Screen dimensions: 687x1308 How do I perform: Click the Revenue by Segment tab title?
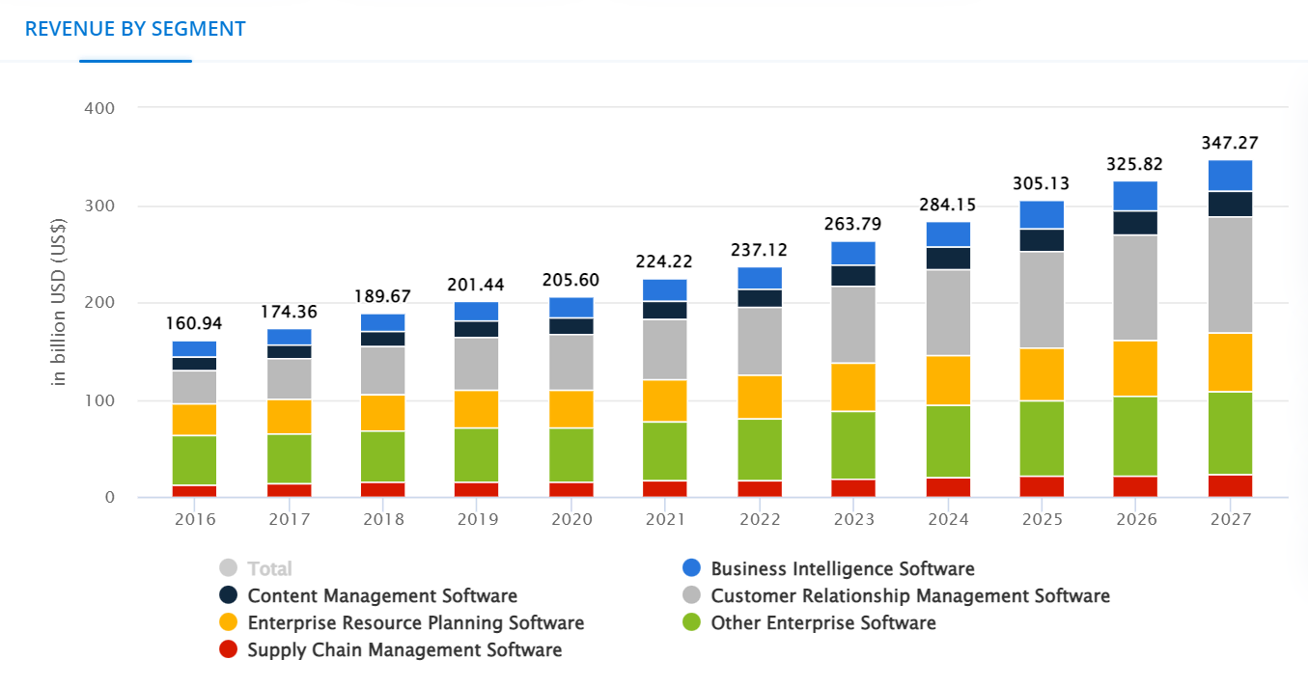[x=135, y=29]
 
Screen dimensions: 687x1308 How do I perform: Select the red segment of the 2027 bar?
[x=1229, y=485]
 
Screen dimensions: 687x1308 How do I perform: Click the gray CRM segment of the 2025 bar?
[x=1043, y=299]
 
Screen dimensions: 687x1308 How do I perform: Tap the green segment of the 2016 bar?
[x=195, y=460]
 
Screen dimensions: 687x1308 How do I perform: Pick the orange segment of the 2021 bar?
[x=664, y=400]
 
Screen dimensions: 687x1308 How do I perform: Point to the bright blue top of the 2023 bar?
[x=853, y=253]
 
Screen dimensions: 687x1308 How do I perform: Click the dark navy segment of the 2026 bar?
[x=1135, y=223]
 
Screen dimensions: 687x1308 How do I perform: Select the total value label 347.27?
[x=1229, y=143]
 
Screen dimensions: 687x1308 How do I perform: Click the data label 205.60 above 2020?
[x=571, y=280]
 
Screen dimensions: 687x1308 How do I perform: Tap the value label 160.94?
[x=195, y=322]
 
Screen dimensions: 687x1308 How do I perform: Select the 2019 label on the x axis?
[x=477, y=519]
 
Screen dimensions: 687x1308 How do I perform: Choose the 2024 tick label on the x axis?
[x=948, y=519]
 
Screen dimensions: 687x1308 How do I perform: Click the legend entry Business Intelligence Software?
[x=842, y=568]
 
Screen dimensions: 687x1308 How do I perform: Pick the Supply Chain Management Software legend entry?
[x=404, y=649]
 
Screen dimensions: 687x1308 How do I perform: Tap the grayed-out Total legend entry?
[x=269, y=568]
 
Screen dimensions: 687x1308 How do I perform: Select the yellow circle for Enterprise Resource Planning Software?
[x=229, y=622]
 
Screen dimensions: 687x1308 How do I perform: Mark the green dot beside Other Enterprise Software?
[x=691, y=622]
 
